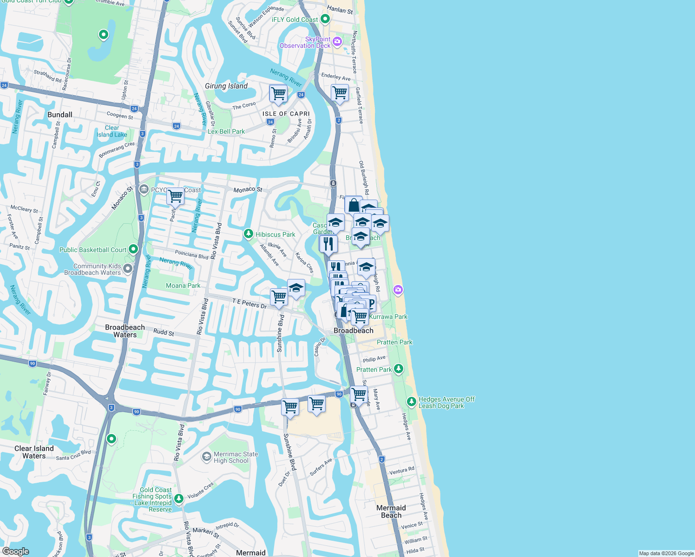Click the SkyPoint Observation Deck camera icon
[x=337, y=42]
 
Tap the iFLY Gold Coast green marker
[x=325, y=19]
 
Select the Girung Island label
[x=226, y=86]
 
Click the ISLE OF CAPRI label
[x=286, y=114]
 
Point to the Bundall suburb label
[x=60, y=115]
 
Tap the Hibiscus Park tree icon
[x=249, y=233]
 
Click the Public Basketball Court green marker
[x=133, y=249]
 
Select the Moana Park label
[x=183, y=285]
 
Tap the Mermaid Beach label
[x=391, y=512]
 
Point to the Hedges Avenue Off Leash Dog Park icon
[x=411, y=401]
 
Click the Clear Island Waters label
[x=34, y=452]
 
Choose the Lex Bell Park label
[x=226, y=131]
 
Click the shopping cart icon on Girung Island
[x=278, y=93]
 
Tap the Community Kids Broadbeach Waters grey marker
[x=128, y=268]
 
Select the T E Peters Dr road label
[x=249, y=304]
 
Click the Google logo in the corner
[x=15, y=551]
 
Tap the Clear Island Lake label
[x=111, y=131]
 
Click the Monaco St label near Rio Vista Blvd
[x=248, y=189]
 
